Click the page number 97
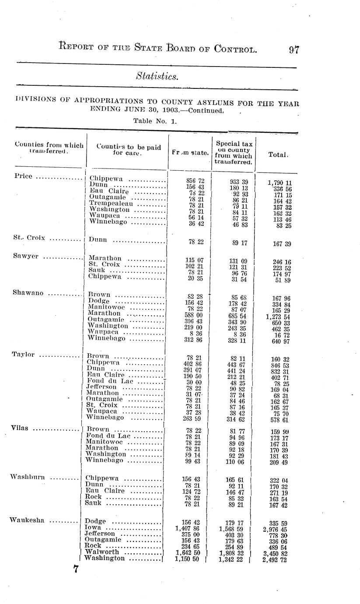tap(294, 49)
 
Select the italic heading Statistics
tap(157, 76)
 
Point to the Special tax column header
tap(234, 152)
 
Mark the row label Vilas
tap(20, 428)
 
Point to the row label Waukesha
tap(27, 520)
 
